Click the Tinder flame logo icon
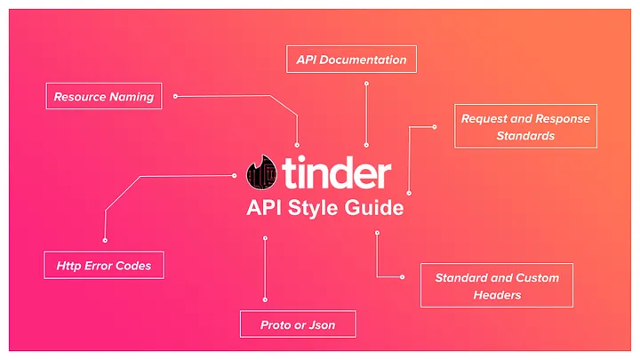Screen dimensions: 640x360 point(261,172)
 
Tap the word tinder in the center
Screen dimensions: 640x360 point(336,172)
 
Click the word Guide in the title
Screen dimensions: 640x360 point(374,208)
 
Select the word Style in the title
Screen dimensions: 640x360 point(314,209)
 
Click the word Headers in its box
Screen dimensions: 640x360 point(497,295)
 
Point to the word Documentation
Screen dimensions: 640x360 point(363,60)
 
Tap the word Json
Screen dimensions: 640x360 point(322,325)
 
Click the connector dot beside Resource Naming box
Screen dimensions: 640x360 point(175,96)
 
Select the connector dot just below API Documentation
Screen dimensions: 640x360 point(366,84)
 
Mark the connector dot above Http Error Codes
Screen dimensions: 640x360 point(105,240)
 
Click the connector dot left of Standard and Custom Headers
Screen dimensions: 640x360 point(402,277)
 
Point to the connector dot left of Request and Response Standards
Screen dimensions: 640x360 point(435,127)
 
